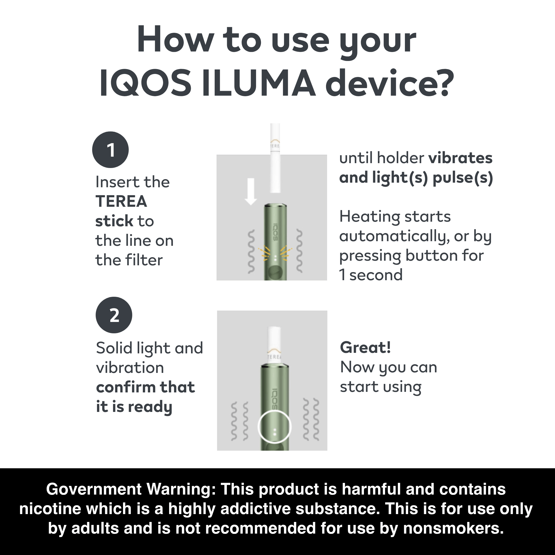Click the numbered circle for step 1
pos(110,150)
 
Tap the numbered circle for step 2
pos(114,315)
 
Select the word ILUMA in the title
pos(258,83)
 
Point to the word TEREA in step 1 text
pos(121,201)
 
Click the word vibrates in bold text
pos(460,158)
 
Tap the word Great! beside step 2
pos(365,347)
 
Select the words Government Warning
pos(131,489)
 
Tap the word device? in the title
pos(389,83)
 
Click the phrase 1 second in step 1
pos(370,275)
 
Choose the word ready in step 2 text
pos(150,407)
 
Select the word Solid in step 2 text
pos(114,348)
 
